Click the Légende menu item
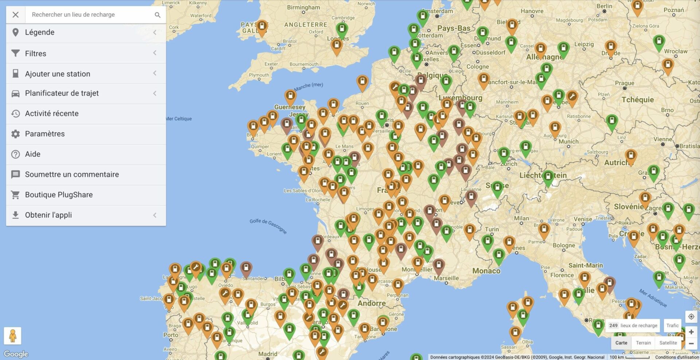coord(40,32)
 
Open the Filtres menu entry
coord(36,54)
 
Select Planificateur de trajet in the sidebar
coord(62,93)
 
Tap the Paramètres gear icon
coord(15,134)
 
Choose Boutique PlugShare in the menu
coord(59,195)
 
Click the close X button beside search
coord(15,15)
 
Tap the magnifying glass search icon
coord(157,15)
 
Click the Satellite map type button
coord(668,343)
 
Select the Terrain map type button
coord(643,343)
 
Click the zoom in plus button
coord(691,332)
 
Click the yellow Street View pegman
coord(13,336)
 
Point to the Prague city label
coord(625,83)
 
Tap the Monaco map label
coord(486,271)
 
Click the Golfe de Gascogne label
coord(268,226)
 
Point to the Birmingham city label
coord(303,7)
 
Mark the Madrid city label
coord(268,354)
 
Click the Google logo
coord(16,354)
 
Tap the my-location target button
coord(691,317)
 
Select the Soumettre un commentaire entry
coord(72,174)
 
